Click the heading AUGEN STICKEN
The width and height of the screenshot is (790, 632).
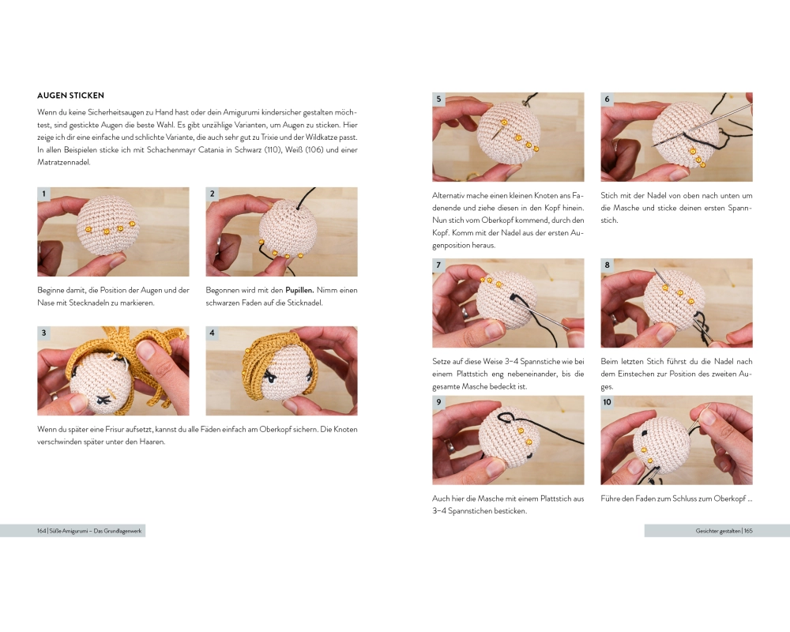click(70, 96)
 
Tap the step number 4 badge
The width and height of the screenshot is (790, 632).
click(212, 333)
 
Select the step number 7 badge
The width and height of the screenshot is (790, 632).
click(438, 265)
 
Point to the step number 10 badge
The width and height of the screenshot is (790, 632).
click(607, 401)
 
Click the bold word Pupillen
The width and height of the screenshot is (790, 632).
click(299, 290)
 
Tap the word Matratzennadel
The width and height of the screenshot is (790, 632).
click(64, 162)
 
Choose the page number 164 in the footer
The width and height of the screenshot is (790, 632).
click(41, 531)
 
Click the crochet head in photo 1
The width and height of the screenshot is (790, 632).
click(107, 224)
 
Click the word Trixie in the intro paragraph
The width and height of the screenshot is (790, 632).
click(270, 137)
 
